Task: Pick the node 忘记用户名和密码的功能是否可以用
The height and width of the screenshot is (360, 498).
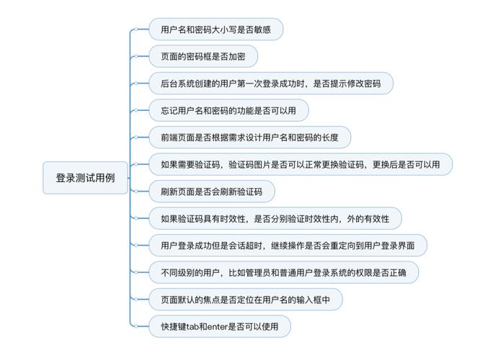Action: click(228, 110)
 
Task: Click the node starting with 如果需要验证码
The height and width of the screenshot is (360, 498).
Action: click(301, 164)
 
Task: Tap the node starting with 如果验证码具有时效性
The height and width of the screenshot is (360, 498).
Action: click(275, 218)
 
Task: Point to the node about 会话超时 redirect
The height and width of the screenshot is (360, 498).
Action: click(288, 246)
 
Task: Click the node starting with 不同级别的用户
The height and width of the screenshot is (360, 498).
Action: click(283, 272)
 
